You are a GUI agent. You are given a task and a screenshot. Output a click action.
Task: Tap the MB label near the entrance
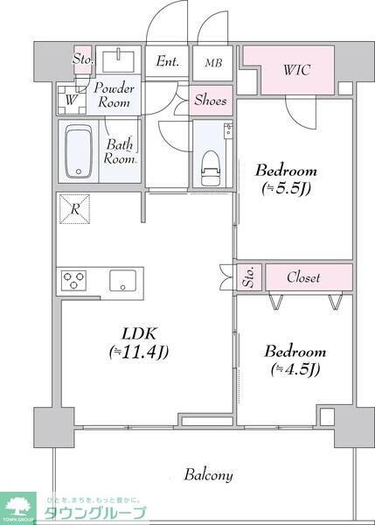click(x=213, y=62)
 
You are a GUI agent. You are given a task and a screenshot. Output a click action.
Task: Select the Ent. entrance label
click(x=167, y=61)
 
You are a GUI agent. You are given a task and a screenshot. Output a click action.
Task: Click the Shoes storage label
click(x=211, y=100)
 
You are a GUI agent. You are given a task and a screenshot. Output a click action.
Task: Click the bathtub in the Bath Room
click(x=79, y=151)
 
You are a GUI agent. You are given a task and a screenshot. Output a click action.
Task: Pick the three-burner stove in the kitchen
click(x=74, y=281)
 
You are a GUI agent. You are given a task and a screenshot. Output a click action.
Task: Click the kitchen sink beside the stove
click(x=121, y=281)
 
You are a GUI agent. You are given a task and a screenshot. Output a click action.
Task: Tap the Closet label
click(x=303, y=277)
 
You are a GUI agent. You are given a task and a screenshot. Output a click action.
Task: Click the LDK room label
click(x=138, y=332)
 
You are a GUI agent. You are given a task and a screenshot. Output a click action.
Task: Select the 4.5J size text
click(x=295, y=368)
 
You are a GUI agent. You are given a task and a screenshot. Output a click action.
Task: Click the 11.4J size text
click(x=138, y=353)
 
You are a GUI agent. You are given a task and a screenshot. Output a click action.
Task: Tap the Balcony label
click(x=208, y=475)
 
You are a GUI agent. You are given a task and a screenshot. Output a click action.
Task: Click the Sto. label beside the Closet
click(x=248, y=277)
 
